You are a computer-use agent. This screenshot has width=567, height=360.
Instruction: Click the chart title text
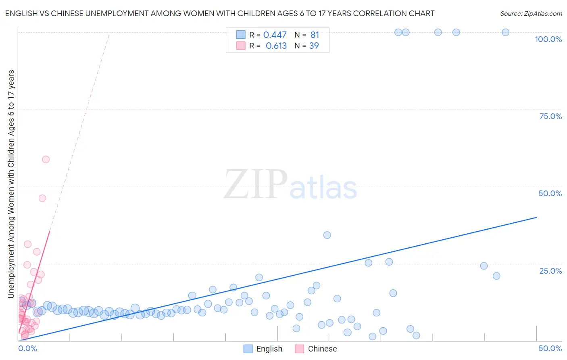click(x=220, y=13)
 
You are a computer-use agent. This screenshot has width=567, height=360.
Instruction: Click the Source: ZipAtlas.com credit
click(x=531, y=13)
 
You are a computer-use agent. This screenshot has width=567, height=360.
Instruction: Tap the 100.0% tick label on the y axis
click(x=548, y=39)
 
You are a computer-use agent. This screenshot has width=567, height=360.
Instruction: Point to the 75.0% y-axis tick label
click(x=550, y=116)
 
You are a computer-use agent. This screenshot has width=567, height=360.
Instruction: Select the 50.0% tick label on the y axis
click(x=550, y=193)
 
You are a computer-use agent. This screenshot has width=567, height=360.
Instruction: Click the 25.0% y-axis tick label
click(x=550, y=270)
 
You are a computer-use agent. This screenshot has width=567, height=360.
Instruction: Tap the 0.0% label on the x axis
click(x=28, y=348)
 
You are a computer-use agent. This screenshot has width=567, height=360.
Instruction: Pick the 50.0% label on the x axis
click(x=550, y=348)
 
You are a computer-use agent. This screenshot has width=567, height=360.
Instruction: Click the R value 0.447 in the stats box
click(x=275, y=35)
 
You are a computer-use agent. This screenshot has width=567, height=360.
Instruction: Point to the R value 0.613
click(x=276, y=46)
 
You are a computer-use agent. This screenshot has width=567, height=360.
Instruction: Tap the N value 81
click(x=315, y=35)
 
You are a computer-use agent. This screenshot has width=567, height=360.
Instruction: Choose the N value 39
click(x=314, y=46)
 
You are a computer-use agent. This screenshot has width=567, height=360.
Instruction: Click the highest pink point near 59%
click(x=46, y=159)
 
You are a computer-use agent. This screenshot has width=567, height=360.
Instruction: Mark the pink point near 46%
click(x=42, y=198)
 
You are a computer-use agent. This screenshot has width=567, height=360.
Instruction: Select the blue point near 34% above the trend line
click(x=327, y=235)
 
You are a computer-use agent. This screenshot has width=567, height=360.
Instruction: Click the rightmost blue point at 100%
click(x=505, y=32)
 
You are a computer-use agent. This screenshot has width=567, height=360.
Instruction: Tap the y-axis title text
click(x=11, y=184)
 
